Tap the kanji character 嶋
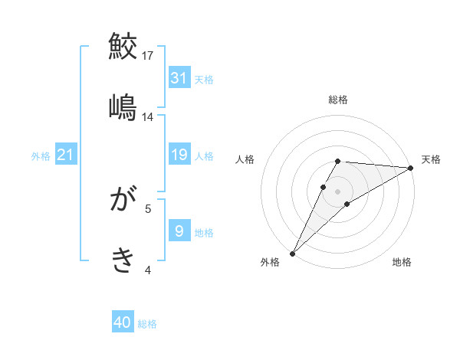(x=123, y=107)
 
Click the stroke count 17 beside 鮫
(x=148, y=55)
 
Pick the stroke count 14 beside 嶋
(x=148, y=117)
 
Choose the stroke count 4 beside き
(x=148, y=270)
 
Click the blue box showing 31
(x=179, y=78)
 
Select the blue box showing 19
(x=179, y=155)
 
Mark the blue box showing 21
(x=66, y=155)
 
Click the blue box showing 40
(x=123, y=323)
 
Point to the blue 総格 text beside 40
(x=147, y=324)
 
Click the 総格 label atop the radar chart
(x=338, y=100)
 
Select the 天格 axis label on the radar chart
(x=432, y=159)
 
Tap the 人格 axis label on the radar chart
(x=245, y=159)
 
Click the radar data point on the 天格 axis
(x=411, y=168)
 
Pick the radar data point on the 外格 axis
(x=293, y=254)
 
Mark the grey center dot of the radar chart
(x=338, y=191)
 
